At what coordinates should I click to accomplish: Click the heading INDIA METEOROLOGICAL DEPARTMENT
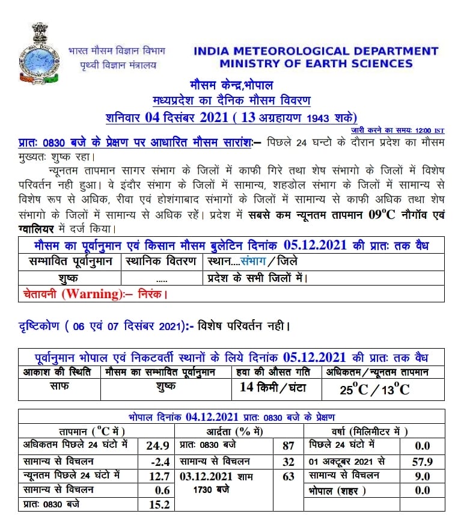click(316, 52)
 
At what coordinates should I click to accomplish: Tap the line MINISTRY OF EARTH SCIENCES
click(316, 64)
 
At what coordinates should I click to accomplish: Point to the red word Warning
click(94, 294)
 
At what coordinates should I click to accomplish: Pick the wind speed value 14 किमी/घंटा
click(272, 388)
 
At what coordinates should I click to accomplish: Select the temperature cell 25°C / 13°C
click(374, 390)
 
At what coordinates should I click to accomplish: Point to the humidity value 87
click(289, 445)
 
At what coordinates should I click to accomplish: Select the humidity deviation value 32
click(289, 461)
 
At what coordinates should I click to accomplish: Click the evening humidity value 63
click(289, 476)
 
